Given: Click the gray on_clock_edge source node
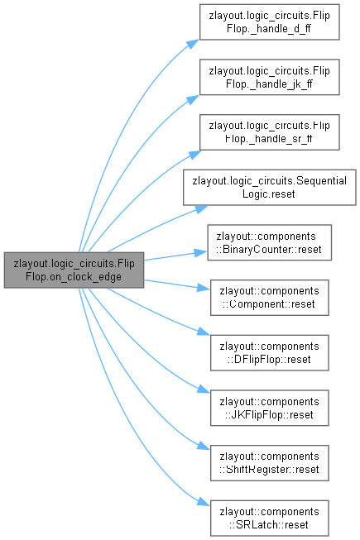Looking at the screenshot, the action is (x=74, y=270).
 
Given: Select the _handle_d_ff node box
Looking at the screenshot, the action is (x=270, y=22).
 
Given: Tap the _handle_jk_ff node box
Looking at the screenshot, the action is (x=270, y=77).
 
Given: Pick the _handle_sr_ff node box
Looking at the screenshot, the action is (x=270, y=132).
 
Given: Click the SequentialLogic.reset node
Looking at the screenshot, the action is (x=270, y=188).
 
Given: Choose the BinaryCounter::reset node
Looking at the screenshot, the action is (x=270, y=242).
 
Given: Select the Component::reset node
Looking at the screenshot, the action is (x=270, y=298).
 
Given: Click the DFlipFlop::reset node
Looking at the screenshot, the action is (x=270, y=352).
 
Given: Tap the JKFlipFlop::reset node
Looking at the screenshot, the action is (x=270, y=408).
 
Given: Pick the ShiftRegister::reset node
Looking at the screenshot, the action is (x=270, y=463).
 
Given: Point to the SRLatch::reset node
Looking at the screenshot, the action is (x=270, y=518).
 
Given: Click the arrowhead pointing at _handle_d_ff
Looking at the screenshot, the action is (x=193, y=44).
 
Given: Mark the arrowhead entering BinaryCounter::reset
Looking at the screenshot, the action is (x=201, y=253).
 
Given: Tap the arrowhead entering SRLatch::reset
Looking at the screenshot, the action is (x=204, y=502).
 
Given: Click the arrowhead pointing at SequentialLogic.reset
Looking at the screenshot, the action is (x=201, y=208).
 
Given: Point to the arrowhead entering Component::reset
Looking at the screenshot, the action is (x=204, y=288).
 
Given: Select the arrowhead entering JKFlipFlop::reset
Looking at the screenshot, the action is (x=204, y=389).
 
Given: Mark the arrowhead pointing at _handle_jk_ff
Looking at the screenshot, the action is (x=193, y=99).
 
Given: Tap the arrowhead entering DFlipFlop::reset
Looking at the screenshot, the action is (x=204, y=332).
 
